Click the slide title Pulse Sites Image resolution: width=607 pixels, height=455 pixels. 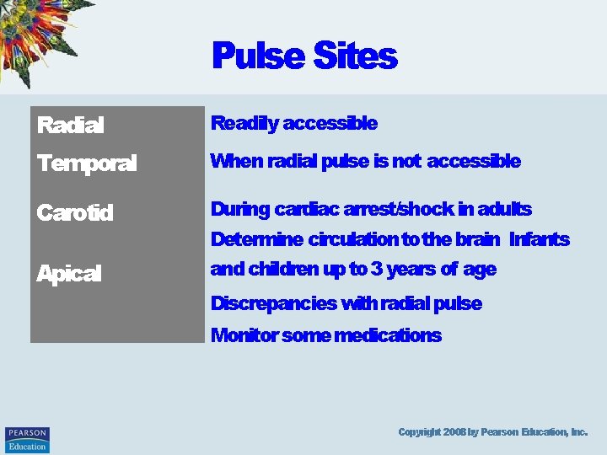303,56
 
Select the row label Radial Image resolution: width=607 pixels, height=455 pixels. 70,126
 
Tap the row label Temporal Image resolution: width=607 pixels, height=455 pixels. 86,163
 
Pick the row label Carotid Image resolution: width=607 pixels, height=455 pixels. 74,212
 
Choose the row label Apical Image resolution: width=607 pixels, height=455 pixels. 68,273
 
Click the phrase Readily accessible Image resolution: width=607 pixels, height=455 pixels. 293,124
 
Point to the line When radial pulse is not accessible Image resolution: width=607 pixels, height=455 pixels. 365,161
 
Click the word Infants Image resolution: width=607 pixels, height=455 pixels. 540,239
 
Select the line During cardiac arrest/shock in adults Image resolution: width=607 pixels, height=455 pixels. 371,209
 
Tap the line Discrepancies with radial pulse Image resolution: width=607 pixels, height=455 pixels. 346,303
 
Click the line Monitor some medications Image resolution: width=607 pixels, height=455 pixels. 325,335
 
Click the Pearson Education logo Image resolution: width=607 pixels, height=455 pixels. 27,439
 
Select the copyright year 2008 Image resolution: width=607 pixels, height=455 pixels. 453,431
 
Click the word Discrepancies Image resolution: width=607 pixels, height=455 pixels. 264,303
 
